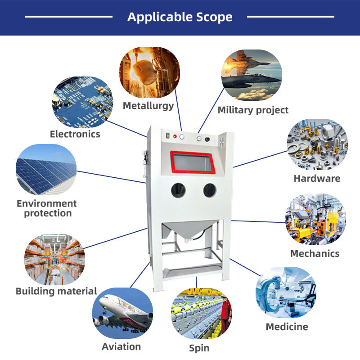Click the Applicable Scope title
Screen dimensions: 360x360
(x=180, y=17)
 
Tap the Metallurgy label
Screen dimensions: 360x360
(x=148, y=106)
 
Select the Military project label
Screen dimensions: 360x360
(x=253, y=110)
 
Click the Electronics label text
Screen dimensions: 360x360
(x=75, y=134)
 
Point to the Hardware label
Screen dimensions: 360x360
(x=317, y=178)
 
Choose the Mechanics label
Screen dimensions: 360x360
(x=315, y=253)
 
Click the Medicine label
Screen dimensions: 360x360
(x=287, y=327)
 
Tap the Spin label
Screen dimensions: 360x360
(x=199, y=348)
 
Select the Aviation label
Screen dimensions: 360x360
(x=121, y=346)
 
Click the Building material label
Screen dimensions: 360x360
(x=56, y=291)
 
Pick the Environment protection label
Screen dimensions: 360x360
(x=47, y=208)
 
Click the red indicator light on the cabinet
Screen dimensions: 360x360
(x=175, y=136)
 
